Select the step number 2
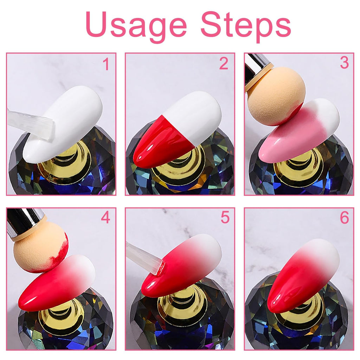224,63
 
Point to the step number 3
344,63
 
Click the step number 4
105,218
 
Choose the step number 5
225,218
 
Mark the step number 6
344,218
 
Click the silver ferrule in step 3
257,67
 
